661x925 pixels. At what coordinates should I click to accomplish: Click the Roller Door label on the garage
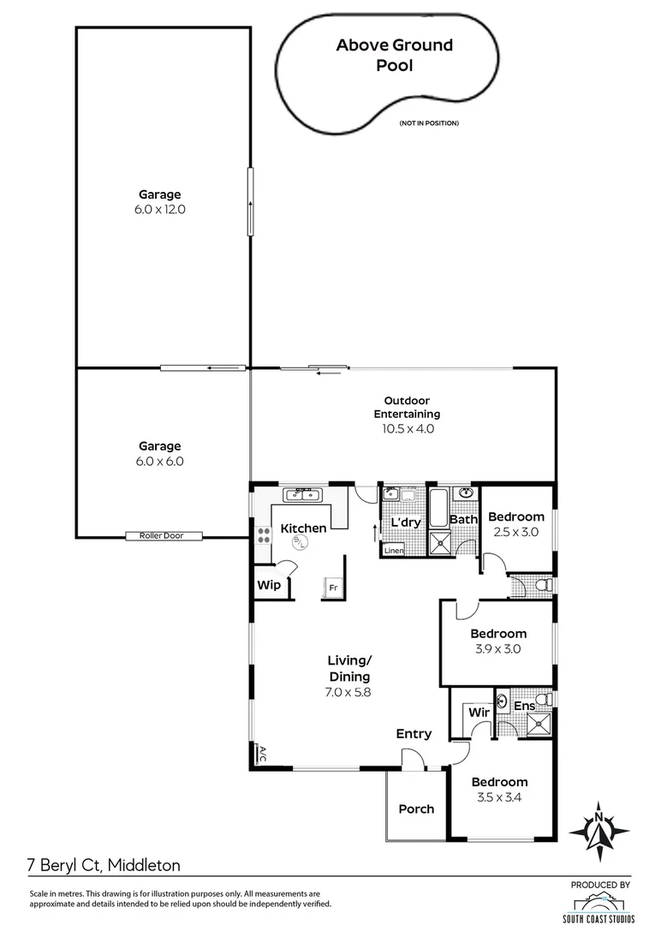pos(165,536)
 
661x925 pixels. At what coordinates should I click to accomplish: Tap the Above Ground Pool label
pos(394,55)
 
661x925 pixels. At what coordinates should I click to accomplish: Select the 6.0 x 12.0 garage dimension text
pos(161,209)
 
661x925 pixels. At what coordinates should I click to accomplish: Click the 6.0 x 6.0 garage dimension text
pos(161,461)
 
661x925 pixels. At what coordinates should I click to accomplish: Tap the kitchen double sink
pos(302,493)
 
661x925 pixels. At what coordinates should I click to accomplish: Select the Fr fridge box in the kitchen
pos(331,588)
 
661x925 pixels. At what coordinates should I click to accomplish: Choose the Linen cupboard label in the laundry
pos(394,550)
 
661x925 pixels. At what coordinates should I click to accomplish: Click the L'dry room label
pos(406,522)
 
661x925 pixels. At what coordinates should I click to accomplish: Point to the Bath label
pos(463,519)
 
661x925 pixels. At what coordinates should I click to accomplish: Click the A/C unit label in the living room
pos(262,754)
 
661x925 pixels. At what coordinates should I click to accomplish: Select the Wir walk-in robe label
pos(477,712)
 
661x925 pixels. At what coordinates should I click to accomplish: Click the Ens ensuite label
pos(524,706)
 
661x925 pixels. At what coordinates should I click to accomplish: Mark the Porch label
pos(416,809)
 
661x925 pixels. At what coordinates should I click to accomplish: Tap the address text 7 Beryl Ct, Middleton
pos(103,866)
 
